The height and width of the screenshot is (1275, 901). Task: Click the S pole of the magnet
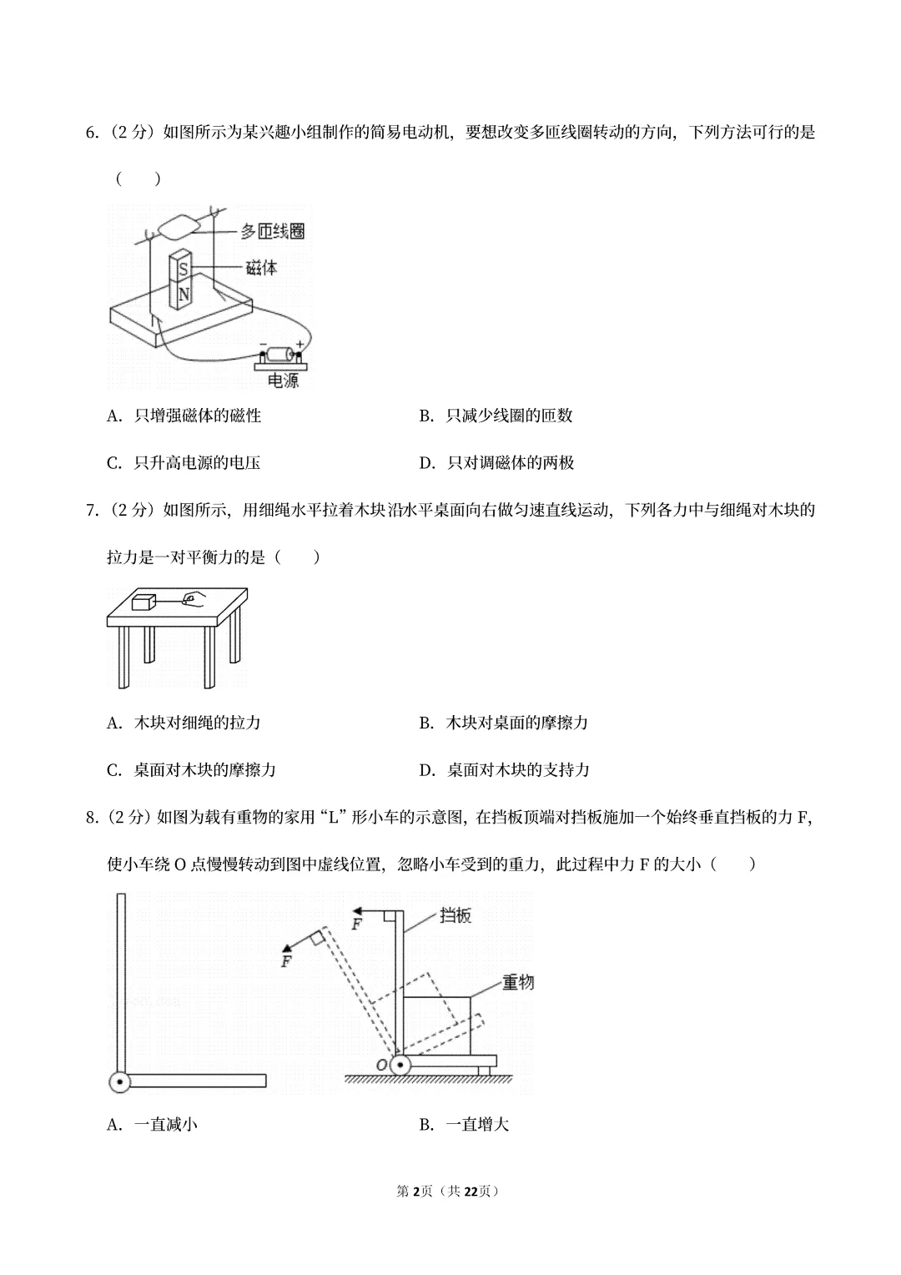184,270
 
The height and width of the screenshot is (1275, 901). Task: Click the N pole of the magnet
184,295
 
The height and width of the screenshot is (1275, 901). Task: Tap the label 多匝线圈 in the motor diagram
272,231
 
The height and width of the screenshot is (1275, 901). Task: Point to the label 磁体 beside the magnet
261,268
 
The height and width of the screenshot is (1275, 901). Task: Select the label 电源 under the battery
282,380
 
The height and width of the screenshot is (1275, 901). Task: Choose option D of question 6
497,462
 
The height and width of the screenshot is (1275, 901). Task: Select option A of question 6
184,416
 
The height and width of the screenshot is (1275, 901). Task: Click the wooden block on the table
144,600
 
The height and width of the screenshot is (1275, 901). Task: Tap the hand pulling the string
194,597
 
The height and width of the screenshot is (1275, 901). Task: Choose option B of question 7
504,723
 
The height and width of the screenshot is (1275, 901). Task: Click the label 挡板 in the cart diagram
456,915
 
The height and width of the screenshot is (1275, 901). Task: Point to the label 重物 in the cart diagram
517,982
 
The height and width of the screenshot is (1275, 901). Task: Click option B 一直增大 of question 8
464,1125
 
